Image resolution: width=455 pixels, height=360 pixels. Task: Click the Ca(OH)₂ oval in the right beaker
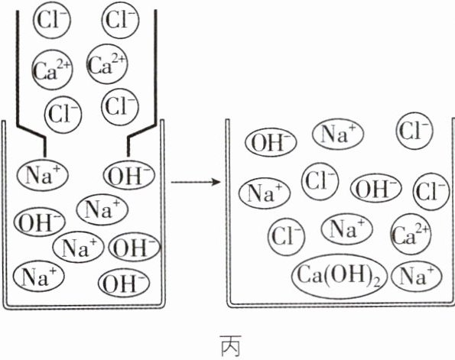tap(340, 277)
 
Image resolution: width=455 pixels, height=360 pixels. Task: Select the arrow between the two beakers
tap(196, 182)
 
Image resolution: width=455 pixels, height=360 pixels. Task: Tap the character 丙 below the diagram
tap(231, 345)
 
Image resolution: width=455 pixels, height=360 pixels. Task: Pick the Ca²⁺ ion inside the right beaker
tap(411, 234)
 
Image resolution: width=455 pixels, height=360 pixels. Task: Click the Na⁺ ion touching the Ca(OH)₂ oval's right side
tap(416, 276)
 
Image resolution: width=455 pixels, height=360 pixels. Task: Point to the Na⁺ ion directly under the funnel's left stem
tap(42, 175)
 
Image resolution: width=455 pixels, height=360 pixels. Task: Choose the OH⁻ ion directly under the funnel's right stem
tap(129, 175)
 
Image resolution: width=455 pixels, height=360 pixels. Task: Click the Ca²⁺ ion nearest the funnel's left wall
tap(52, 70)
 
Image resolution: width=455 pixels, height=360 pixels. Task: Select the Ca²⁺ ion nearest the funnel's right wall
tap(107, 63)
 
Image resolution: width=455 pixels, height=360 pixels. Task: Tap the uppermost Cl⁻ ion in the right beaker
tap(414, 131)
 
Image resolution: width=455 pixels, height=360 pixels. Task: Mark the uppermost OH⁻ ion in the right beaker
tap(271, 142)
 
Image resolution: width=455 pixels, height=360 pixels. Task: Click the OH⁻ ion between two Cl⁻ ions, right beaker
tap(375, 188)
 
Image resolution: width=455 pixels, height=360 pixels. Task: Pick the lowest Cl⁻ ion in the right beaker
tap(287, 236)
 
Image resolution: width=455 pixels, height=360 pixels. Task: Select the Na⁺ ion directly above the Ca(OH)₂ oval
tap(346, 229)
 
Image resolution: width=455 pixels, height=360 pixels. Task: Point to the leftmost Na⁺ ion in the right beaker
tap(265, 193)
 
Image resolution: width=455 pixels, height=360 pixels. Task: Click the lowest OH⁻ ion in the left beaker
tap(124, 283)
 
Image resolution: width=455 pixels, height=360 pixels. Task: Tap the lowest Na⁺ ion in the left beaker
tap(38, 276)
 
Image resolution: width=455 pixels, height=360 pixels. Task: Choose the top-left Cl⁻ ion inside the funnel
tap(52, 21)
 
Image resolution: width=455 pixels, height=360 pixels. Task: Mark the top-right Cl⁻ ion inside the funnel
tap(120, 20)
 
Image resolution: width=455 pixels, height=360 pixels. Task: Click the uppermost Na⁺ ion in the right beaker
tap(338, 134)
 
